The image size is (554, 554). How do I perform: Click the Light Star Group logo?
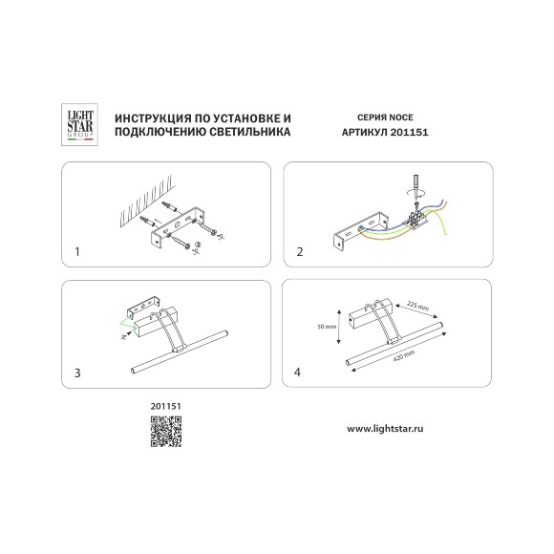[x=79, y=124]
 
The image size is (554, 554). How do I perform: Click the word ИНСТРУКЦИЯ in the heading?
[x=151, y=118]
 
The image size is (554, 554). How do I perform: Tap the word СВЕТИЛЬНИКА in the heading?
[x=250, y=132]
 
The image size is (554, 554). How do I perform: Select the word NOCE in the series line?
[x=401, y=117]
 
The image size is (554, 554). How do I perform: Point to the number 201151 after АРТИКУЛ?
[x=409, y=133]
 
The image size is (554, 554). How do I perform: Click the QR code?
[x=166, y=432]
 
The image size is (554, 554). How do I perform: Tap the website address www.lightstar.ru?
[x=385, y=429]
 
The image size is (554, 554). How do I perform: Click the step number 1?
[x=77, y=252]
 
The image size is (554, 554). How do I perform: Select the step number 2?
[x=300, y=252]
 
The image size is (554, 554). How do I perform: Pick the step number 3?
[x=77, y=373]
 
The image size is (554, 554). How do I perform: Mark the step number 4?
[x=297, y=373]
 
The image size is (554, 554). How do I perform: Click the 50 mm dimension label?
[x=327, y=327]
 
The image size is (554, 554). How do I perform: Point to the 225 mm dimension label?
[x=417, y=306]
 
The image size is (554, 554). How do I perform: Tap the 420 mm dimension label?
[x=404, y=355]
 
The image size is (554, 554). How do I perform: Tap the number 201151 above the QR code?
[x=165, y=406]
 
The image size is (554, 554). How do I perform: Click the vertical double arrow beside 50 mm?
[x=339, y=327]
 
